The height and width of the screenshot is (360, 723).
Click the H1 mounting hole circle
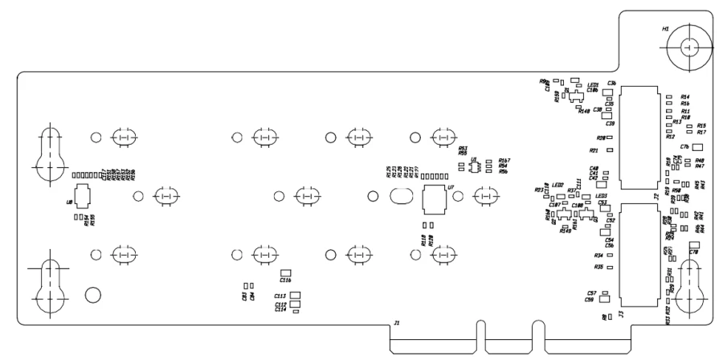pos(688,48)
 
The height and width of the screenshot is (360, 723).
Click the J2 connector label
pos(656,195)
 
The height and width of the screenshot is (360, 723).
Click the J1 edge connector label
pos(395,323)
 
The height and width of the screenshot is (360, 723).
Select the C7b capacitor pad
pos(696,148)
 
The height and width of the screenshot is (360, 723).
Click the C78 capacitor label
pos(693,252)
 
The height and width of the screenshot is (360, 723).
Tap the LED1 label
pos(594,85)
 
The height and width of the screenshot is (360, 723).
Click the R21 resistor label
pos(594,150)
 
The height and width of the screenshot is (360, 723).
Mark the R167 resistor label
pos(504,161)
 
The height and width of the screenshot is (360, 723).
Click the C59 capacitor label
pos(590,299)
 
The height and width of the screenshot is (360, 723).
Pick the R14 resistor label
pos(685,96)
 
